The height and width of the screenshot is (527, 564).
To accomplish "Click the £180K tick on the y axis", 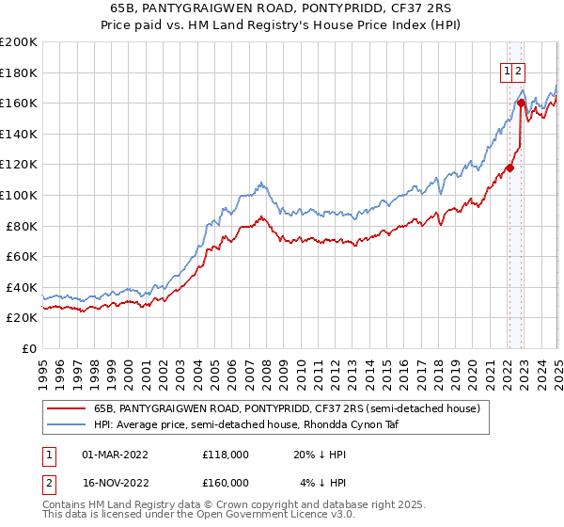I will click(x=19, y=72).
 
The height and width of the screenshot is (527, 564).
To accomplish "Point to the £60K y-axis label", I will click(x=22, y=256).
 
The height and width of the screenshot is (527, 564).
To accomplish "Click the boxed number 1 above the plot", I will click(x=507, y=70).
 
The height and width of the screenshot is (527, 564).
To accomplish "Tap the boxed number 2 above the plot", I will click(x=519, y=70).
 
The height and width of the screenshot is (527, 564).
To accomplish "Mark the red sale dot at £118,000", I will click(x=509, y=168).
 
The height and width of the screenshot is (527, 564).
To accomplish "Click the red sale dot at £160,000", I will click(x=521, y=103).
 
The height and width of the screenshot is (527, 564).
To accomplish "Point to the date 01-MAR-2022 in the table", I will click(x=117, y=455).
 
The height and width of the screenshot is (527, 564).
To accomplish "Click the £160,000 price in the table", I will click(x=226, y=483).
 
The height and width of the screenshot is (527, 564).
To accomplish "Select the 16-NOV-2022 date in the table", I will click(x=117, y=483).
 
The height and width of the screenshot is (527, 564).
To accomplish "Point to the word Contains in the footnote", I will click(x=65, y=506).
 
